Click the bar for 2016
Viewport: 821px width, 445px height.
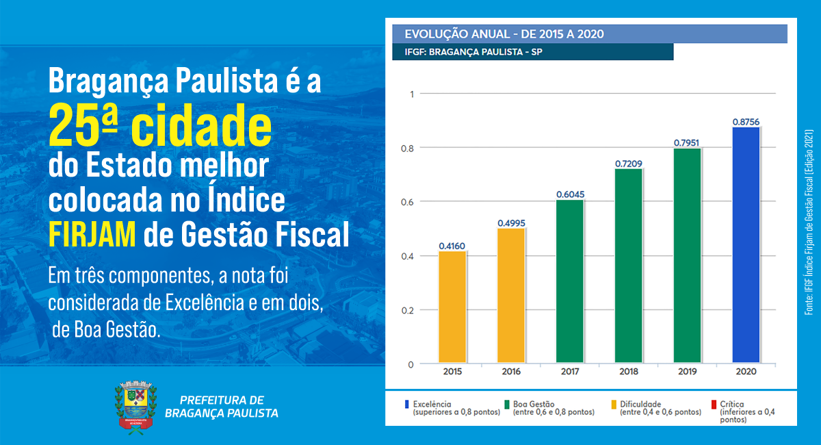pos(511,295)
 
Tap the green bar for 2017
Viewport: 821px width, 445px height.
pos(570,281)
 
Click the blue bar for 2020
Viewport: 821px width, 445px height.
pos(746,244)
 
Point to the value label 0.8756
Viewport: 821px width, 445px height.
pos(746,122)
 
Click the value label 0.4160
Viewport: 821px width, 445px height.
pos(452,246)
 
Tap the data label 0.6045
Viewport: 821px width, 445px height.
pos(570,194)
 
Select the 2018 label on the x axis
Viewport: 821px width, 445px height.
pos(629,372)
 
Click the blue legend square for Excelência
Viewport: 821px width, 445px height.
pos(406,404)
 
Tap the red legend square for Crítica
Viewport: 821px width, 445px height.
pos(714,404)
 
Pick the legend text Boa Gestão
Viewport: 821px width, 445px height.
pos(533,404)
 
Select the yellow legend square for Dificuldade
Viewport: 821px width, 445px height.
pos(614,404)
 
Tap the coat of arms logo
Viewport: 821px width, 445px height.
pos(135,407)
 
